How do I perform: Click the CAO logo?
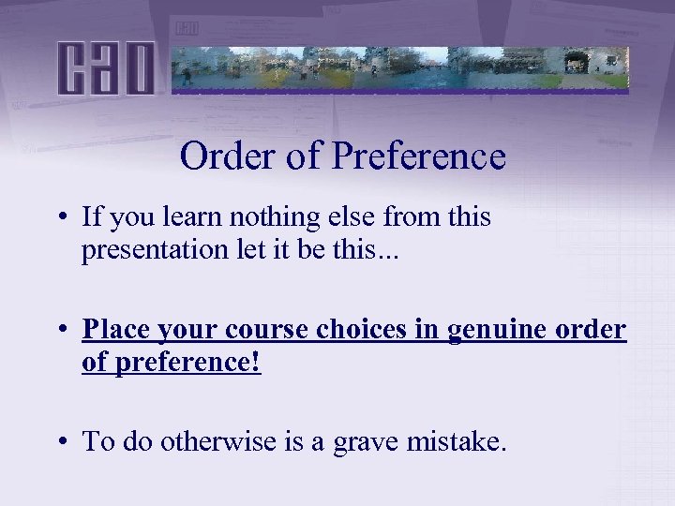pyautogui.click(x=105, y=67)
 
